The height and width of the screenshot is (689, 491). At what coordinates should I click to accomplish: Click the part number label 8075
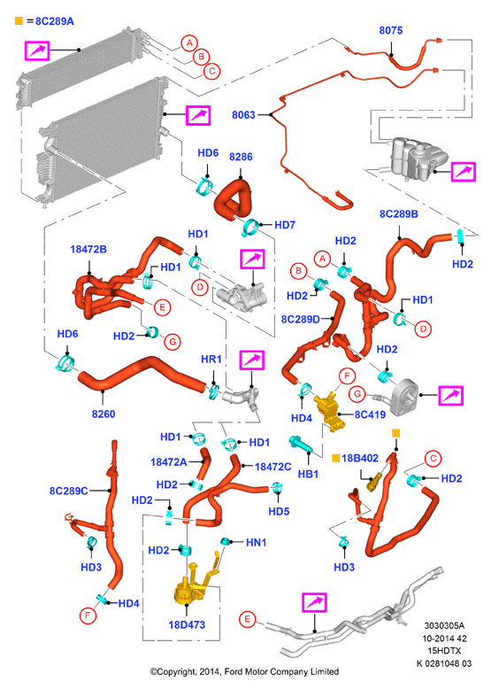click(390, 30)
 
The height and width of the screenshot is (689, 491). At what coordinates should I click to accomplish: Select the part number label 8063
click(243, 115)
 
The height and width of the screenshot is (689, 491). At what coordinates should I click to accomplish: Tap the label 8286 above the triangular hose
click(241, 157)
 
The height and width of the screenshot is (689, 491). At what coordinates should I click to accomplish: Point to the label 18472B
click(88, 249)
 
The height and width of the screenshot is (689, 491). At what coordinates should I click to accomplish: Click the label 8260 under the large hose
click(104, 414)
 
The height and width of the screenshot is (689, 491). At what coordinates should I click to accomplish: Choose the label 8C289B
click(399, 214)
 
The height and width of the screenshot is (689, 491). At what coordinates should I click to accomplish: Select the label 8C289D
click(301, 319)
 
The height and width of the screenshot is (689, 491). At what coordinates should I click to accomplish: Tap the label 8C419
click(370, 414)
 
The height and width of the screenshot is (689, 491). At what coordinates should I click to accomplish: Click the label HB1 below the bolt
click(308, 474)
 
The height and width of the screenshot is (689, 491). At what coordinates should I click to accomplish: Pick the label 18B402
click(360, 459)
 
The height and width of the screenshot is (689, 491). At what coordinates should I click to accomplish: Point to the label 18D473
click(187, 624)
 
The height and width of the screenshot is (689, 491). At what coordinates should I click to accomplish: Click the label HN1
click(257, 543)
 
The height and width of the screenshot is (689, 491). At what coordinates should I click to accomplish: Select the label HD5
click(279, 512)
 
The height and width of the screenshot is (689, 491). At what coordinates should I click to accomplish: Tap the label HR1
click(211, 359)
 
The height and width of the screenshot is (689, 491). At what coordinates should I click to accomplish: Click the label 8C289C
click(69, 491)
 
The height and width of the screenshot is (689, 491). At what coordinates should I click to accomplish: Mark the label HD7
click(285, 225)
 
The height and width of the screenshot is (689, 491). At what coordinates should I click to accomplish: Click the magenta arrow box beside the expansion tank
click(464, 172)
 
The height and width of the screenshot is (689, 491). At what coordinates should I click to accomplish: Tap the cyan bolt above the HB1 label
click(301, 444)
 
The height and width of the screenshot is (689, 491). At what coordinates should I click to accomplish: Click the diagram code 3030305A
click(444, 626)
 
